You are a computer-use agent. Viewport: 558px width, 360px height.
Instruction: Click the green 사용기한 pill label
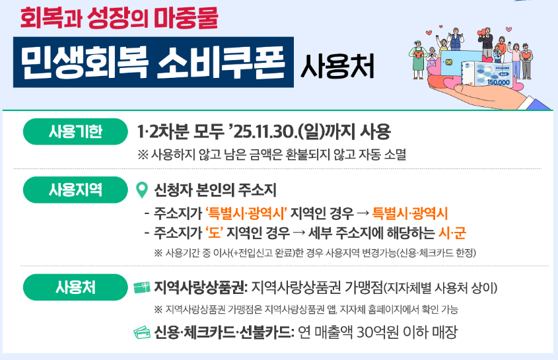[x=75, y=131]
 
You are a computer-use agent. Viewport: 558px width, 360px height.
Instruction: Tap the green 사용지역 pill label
[x=75, y=190]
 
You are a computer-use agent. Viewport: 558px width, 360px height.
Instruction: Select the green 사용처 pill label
[x=75, y=287]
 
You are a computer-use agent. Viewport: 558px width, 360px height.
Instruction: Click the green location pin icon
[x=141, y=190]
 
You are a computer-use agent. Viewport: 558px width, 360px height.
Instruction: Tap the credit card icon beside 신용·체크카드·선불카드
[x=141, y=332]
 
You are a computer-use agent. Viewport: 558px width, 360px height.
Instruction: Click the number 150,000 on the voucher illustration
[x=498, y=83]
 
